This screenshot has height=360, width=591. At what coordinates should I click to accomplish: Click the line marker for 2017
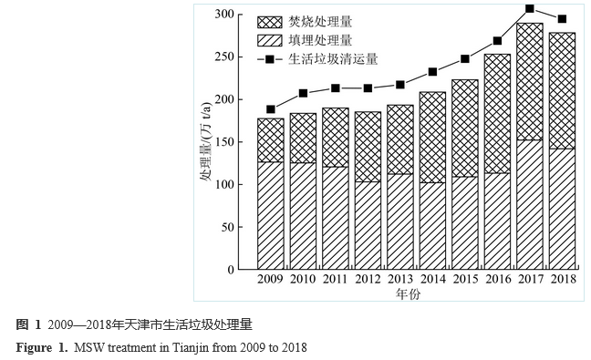coord(530,9)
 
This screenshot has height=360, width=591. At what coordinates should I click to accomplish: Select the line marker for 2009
coord(271,109)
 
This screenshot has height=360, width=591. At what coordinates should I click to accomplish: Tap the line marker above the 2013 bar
coord(400,85)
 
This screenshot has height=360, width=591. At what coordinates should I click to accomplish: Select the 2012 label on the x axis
coord(368,281)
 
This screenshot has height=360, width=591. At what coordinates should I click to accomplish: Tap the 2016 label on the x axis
coord(497,281)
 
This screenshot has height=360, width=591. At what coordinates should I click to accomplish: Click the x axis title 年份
coord(407,294)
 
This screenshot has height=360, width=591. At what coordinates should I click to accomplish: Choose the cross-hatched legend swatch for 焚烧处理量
coord(270,21)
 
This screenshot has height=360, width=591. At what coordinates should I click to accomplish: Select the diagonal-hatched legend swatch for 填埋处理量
coord(270,40)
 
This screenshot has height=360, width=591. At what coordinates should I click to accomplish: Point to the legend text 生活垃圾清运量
coord(333,58)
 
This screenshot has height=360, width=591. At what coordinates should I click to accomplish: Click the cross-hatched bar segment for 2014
coord(432,137)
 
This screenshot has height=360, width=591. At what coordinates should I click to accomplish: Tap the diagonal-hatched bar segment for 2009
coord(271,215)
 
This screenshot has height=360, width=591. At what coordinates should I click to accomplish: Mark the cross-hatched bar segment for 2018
coord(562,90)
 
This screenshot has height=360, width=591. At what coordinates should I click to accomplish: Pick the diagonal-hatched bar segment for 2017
coord(530,204)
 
